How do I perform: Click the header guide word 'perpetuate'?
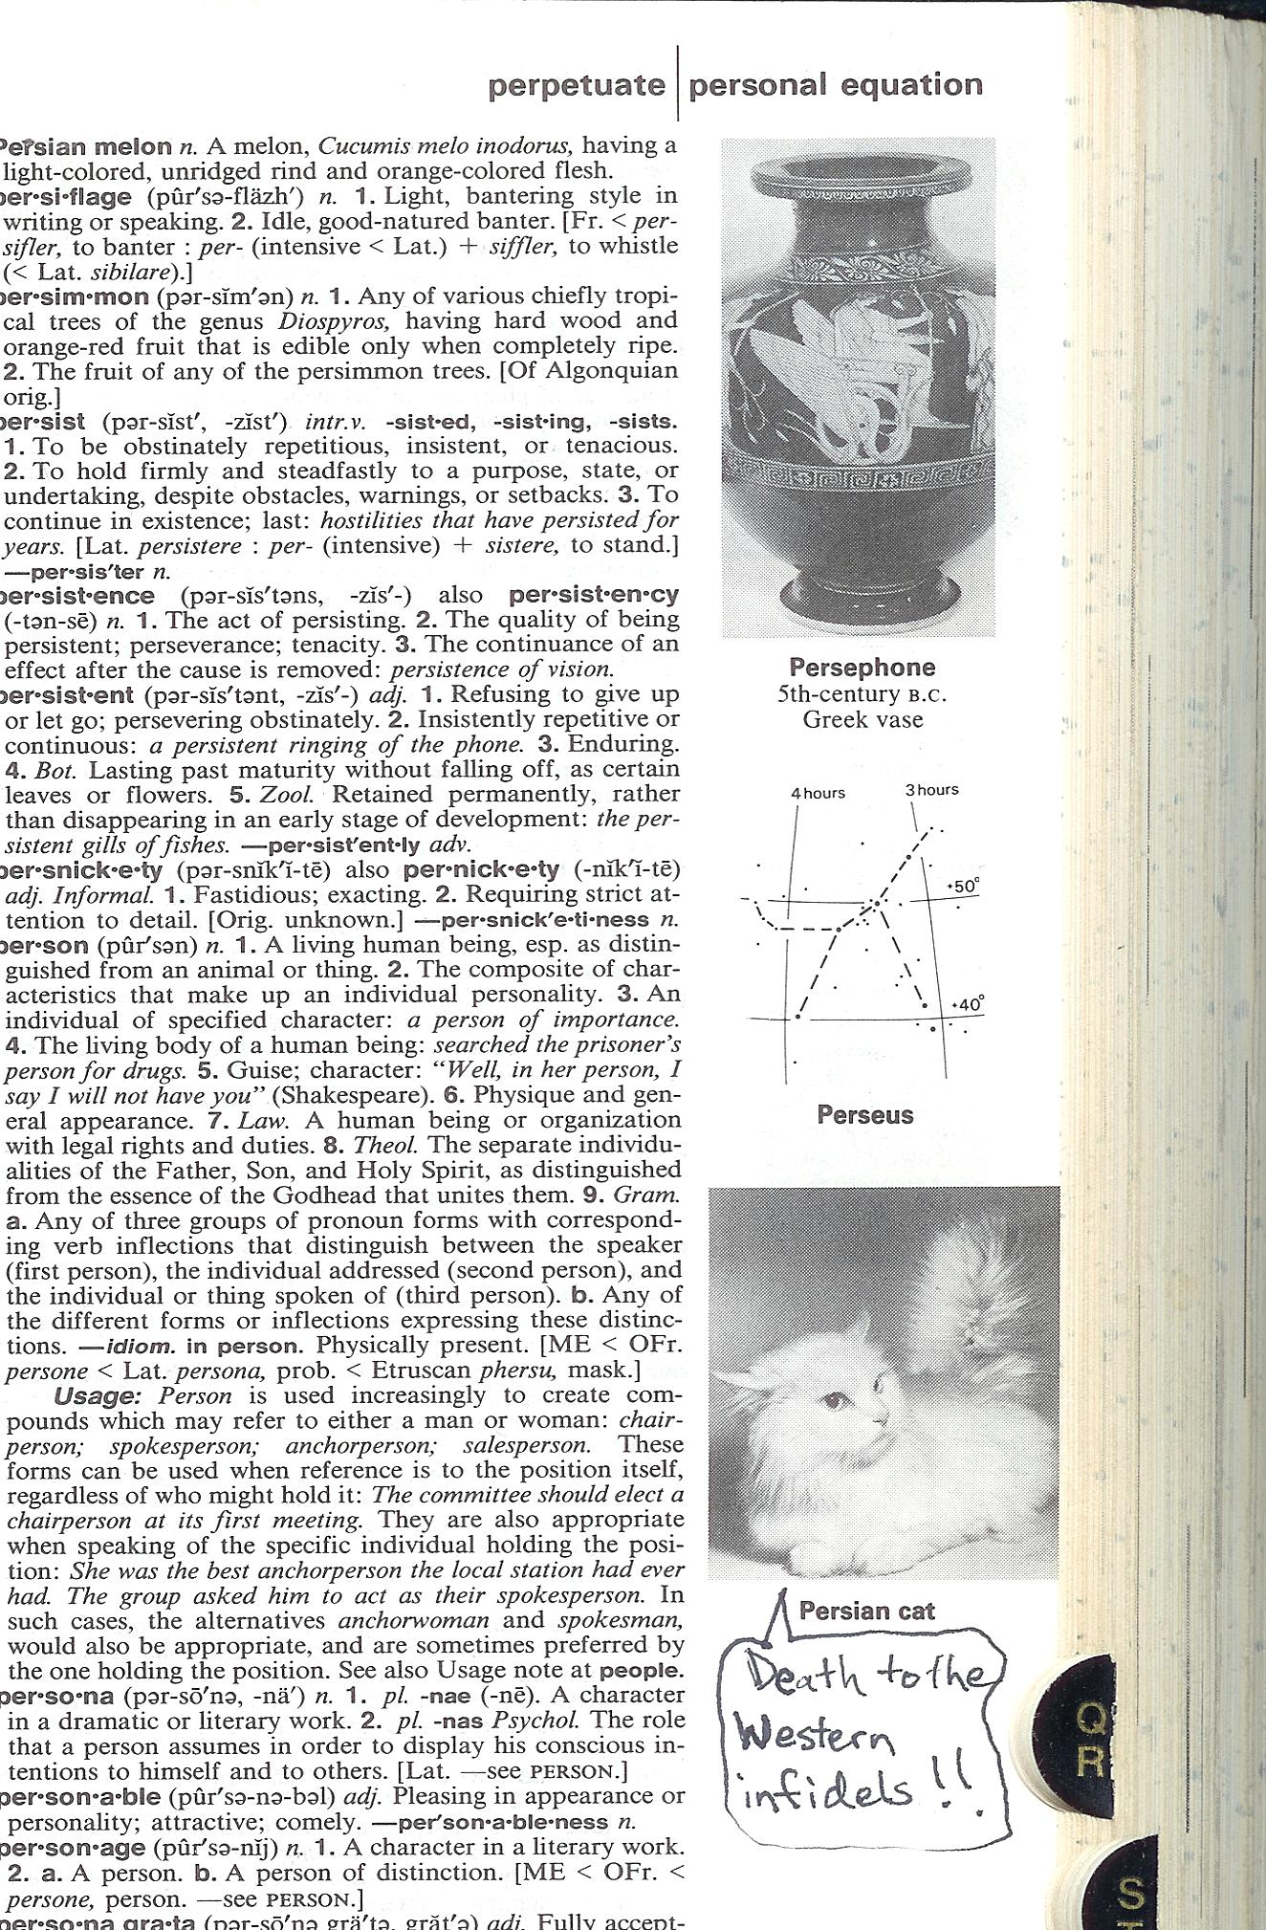click(576, 86)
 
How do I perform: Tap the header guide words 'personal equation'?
click(835, 85)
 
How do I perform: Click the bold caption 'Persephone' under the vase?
click(862, 668)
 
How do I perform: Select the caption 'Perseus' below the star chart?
click(865, 1115)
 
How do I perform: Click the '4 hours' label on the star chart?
click(818, 793)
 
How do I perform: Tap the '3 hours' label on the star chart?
click(931, 790)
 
